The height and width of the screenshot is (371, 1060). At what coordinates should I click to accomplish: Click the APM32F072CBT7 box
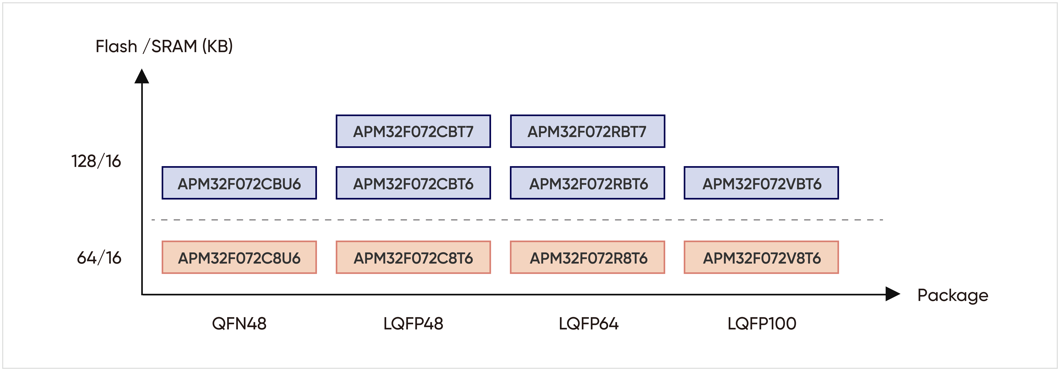pyautogui.click(x=413, y=131)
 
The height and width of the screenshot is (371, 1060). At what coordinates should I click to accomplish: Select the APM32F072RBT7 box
pyautogui.click(x=588, y=131)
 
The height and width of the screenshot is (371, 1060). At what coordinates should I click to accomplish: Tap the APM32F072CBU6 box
pyautogui.click(x=239, y=183)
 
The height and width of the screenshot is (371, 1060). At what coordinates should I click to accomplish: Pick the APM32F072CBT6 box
pyautogui.click(x=413, y=183)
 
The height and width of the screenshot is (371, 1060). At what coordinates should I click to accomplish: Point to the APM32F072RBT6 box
pyautogui.click(x=588, y=183)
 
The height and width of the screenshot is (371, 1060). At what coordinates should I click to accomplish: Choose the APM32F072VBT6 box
pyautogui.click(x=761, y=183)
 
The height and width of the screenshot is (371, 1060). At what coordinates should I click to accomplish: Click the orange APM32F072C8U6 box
pyautogui.click(x=239, y=257)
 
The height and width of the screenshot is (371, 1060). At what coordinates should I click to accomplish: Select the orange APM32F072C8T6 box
pyautogui.click(x=413, y=257)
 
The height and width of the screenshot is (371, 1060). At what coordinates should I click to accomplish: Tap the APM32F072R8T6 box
pyautogui.click(x=588, y=257)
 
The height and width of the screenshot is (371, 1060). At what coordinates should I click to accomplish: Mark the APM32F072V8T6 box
pyautogui.click(x=761, y=257)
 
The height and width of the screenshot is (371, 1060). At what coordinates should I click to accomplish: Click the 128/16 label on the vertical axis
pyautogui.click(x=96, y=161)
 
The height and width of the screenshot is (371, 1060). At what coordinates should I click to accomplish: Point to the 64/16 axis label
pyautogui.click(x=99, y=258)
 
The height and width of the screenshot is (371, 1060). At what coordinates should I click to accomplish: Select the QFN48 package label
pyautogui.click(x=239, y=324)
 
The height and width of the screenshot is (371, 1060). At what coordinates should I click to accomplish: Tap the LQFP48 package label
pyautogui.click(x=413, y=324)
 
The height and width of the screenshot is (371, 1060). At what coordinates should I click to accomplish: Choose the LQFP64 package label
pyautogui.click(x=588, y=324)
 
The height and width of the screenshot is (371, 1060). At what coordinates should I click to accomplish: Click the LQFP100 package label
pyautogui.click(x=762, y=324)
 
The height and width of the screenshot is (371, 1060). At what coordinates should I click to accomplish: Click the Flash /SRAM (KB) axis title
pyautogui.click(x=164, y=46)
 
